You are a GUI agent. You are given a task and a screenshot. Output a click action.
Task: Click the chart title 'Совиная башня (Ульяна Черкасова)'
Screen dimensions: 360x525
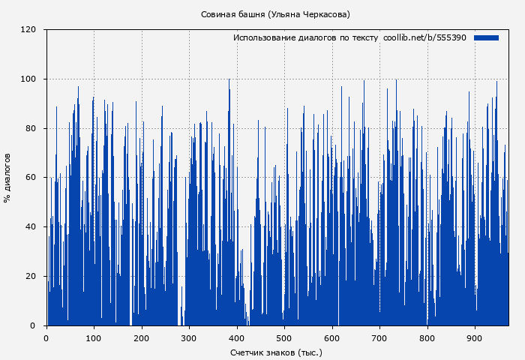[275, 14]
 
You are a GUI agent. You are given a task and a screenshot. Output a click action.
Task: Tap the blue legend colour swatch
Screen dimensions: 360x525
[486, 37]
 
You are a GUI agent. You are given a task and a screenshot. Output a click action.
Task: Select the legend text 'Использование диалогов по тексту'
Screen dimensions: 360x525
[305, 37]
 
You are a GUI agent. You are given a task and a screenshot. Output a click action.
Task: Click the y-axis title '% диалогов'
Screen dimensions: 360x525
[7, 178]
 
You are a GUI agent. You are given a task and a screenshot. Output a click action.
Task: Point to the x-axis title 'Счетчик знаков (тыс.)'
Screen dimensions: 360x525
[276, 352]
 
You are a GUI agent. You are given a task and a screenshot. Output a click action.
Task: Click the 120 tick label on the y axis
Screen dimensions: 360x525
[28, 30]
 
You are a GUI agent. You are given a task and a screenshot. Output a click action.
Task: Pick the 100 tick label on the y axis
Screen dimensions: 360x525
[28, 79]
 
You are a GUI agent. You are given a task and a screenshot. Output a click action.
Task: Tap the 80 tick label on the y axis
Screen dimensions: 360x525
[31, 128]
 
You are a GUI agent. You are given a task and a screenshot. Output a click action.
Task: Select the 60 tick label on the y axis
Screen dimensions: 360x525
[31, 178]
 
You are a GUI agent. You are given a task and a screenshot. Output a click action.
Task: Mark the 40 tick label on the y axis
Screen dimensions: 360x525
[31, 227]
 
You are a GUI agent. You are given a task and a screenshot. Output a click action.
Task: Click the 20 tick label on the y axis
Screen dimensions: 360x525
[31, 276]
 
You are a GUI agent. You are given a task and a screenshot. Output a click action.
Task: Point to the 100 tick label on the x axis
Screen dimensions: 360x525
[94, 337]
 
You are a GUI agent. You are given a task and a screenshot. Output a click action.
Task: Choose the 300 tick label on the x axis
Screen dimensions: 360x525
[189, 337]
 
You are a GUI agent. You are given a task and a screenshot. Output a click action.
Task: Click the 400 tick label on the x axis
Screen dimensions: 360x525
[237, 337]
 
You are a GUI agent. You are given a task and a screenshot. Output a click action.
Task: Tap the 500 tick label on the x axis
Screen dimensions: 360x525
[284, 337]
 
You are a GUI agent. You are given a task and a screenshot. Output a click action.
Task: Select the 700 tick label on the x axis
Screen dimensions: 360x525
[379, 337]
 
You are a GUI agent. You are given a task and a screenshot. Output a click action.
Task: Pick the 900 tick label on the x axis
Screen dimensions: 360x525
[475, 337]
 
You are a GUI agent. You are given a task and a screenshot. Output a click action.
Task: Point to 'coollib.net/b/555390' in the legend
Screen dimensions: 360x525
[424, 37]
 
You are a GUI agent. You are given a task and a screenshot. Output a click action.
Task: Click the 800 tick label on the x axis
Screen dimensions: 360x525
[427, 337]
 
